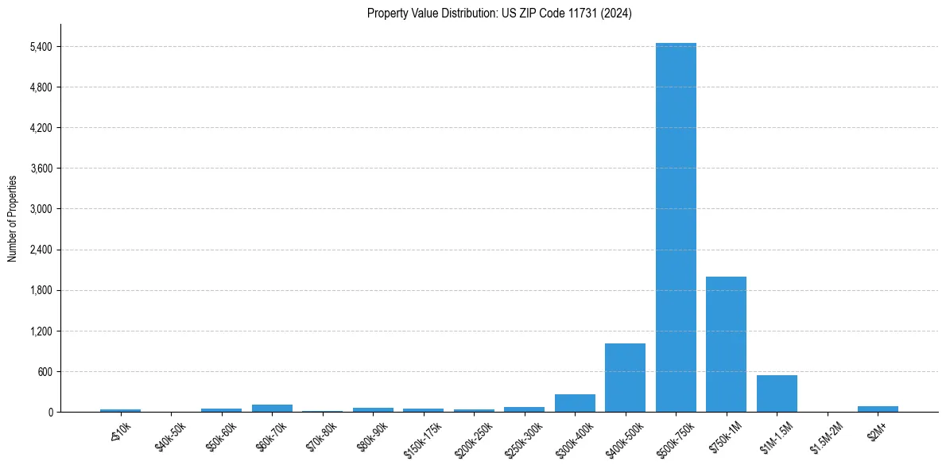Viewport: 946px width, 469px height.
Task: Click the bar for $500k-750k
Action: pyautogui.click(x=676, y=227)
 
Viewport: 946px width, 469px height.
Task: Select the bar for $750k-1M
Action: pyautogui.click(x=726, y=344)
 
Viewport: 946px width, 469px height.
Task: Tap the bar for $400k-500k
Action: pyautogui.click(x=625, y=378)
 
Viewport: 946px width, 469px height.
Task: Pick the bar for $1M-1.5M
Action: pyautogui.click(x=777, y=393)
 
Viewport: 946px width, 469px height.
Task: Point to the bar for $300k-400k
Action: pyautogui.click(x=575, y=403)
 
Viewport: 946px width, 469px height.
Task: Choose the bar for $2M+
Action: pyautogui.click(x=878, y=409)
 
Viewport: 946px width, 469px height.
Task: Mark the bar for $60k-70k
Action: pyautogui.click(x=272, y=408)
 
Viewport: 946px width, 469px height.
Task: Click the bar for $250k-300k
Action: pyautogui.click(x=524, y=409)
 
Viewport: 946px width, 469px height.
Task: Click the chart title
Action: pyautogui.click(x=499, y=14)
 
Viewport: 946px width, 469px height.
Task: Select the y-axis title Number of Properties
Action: pyautogui.click(x=13, y=218)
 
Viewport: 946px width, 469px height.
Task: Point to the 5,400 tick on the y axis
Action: pyautogui.click(x=40, y=47)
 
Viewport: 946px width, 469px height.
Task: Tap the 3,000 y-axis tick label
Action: pyautogui.click(x=40, y=209)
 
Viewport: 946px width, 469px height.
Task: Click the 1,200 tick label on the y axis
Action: pyautogui.click(x=40, y=331)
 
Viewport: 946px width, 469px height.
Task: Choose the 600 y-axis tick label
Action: pyautogui.click(x=45, y=372)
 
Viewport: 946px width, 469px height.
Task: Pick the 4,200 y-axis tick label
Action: pyautogui.click(x=40, y=128)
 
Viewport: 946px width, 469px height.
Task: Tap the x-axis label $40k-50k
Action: pyautogui.click(x=170, y=436)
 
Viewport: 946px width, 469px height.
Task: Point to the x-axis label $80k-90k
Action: pyautogui.click(x=372, y=436)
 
